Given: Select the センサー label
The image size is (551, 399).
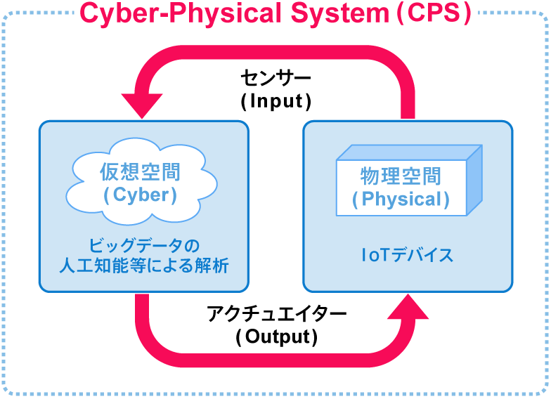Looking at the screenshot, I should (275, 76).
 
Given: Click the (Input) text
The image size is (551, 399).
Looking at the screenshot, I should (275, 100).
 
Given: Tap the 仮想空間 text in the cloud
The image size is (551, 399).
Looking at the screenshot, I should (140, 171).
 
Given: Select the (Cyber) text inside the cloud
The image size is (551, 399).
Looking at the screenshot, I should (140, 195).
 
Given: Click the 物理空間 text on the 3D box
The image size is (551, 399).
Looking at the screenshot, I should (401, 176).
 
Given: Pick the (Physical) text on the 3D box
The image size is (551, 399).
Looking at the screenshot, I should (401, 199).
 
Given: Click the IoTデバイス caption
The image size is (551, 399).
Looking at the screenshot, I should (407, 255).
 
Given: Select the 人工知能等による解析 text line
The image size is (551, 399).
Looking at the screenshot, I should (144, 266).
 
